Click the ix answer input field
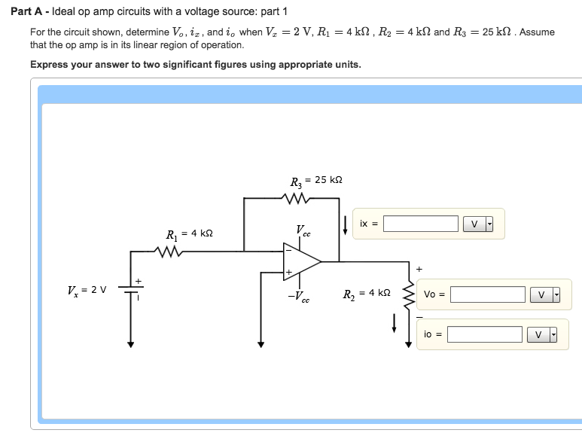[420, 224]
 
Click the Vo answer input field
[487, 294]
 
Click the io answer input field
[484, 334]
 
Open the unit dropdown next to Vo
[546, 294]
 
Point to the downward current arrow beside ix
[345, 224]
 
